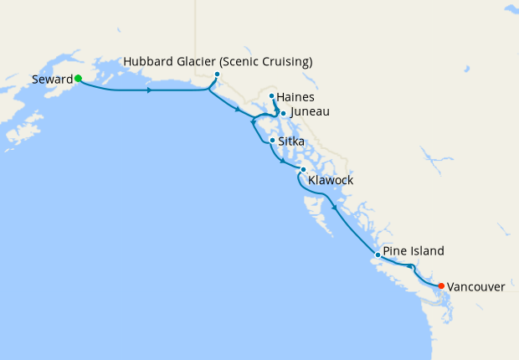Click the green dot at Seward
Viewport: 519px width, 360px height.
point(78,79)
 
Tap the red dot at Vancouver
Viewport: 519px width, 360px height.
point(441,285)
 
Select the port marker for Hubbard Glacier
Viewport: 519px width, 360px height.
point(217,75)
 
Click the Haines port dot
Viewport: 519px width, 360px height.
point(272,96)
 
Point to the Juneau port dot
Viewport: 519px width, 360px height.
point(283,113)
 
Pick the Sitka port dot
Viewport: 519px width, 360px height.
point(272,141)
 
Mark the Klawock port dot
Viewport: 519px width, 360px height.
point(303,169)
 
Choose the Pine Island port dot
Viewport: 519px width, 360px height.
point(378,254)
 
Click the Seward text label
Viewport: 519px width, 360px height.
point(52,79)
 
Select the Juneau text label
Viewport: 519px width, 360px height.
point(310,111)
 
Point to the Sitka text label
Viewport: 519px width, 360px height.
point(291,141)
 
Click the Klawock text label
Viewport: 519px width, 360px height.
point(331,180)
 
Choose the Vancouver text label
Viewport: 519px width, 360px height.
point(475,286)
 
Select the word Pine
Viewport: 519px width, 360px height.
point(395,250)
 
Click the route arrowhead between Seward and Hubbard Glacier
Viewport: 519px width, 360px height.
point(149,90)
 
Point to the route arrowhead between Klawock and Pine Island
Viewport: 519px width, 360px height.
point(335,208)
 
